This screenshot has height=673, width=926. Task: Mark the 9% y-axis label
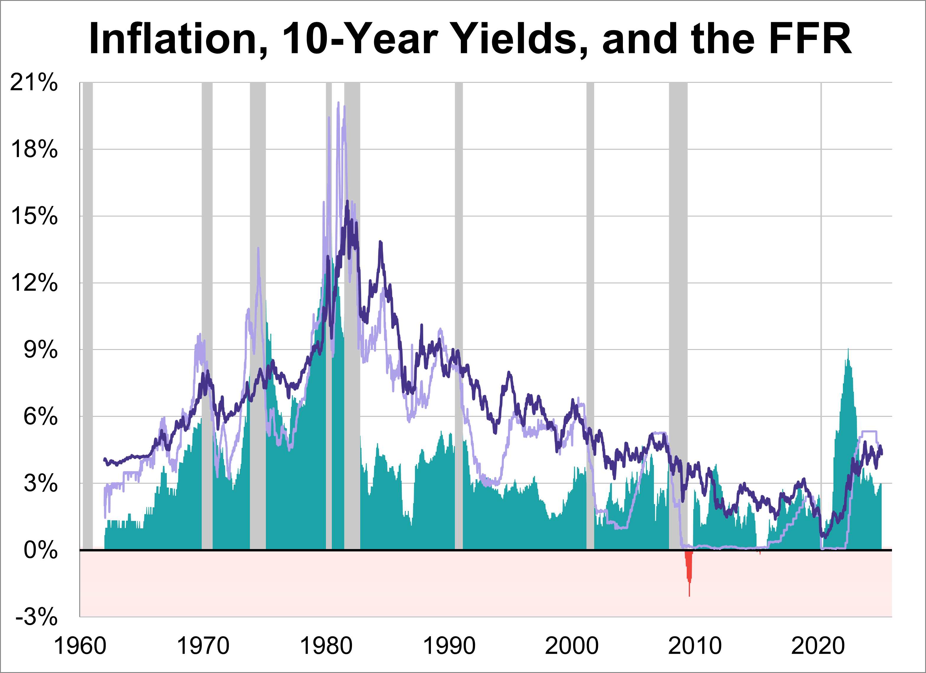click(x=40, y=350)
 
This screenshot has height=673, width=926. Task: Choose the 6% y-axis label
click(x=40, y=417)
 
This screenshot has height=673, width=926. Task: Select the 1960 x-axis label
click(x=80, y=646)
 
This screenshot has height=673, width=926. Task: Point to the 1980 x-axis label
click(x=326, y=646)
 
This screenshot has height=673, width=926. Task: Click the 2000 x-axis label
click(x=572, y=646)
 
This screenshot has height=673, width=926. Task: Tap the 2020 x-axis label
click(x=818, y=646)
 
